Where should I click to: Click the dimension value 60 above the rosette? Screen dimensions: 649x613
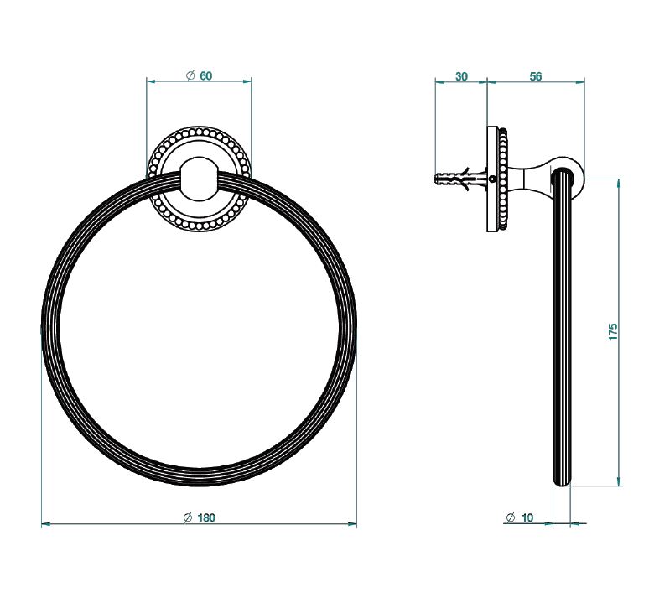(205, 75)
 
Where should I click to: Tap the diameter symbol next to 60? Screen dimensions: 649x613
(190, 75)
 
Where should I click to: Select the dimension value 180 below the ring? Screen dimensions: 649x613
(206, 517)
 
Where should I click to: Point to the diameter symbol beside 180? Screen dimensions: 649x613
(188, 517)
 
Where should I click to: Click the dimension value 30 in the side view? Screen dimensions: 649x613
(461, 76)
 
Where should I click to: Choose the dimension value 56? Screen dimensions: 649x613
(536, 76)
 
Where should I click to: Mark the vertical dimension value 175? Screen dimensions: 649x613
(613, 332)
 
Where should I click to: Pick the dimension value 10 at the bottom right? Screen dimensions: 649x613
(527, 517)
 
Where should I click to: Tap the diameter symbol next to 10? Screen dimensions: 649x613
(511, 517)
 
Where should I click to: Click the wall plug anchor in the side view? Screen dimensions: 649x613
(460, 179)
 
